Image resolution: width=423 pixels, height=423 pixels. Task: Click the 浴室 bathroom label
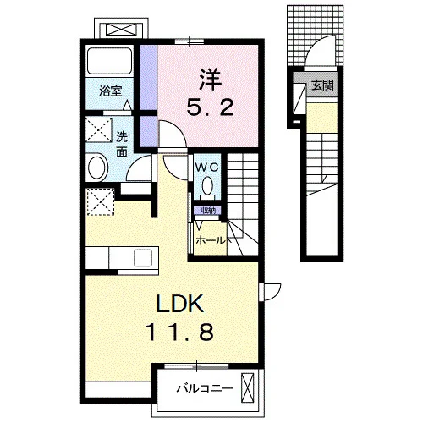[110, 91]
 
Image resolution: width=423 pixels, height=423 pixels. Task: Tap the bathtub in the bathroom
[109, 61]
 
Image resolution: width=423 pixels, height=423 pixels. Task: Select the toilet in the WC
[207, 187]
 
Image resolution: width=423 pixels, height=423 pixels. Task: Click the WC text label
[207, 168]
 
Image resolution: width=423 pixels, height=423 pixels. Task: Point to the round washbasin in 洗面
[98, 168]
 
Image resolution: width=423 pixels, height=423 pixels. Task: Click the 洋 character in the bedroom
[211, 80]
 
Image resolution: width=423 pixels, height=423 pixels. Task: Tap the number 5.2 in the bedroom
[211, 108]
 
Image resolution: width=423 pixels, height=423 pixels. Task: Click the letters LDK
[180, 304]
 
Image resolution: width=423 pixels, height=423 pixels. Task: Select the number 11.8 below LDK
[179, 332]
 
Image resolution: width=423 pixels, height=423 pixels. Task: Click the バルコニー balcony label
[205, 389]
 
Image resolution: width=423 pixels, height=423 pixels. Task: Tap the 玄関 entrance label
[322, 85]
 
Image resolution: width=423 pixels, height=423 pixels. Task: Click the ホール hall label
[211, 241]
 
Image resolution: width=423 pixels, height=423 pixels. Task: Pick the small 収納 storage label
[208, 211]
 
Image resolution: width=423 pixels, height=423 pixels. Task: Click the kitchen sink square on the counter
[143, 257]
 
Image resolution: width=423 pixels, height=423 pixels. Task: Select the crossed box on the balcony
[248, 387]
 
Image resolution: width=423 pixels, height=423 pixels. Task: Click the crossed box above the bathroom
[121, 30]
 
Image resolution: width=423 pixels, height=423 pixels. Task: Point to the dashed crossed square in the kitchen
[100, 202]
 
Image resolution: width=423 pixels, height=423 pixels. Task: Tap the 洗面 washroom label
[122, 145]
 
